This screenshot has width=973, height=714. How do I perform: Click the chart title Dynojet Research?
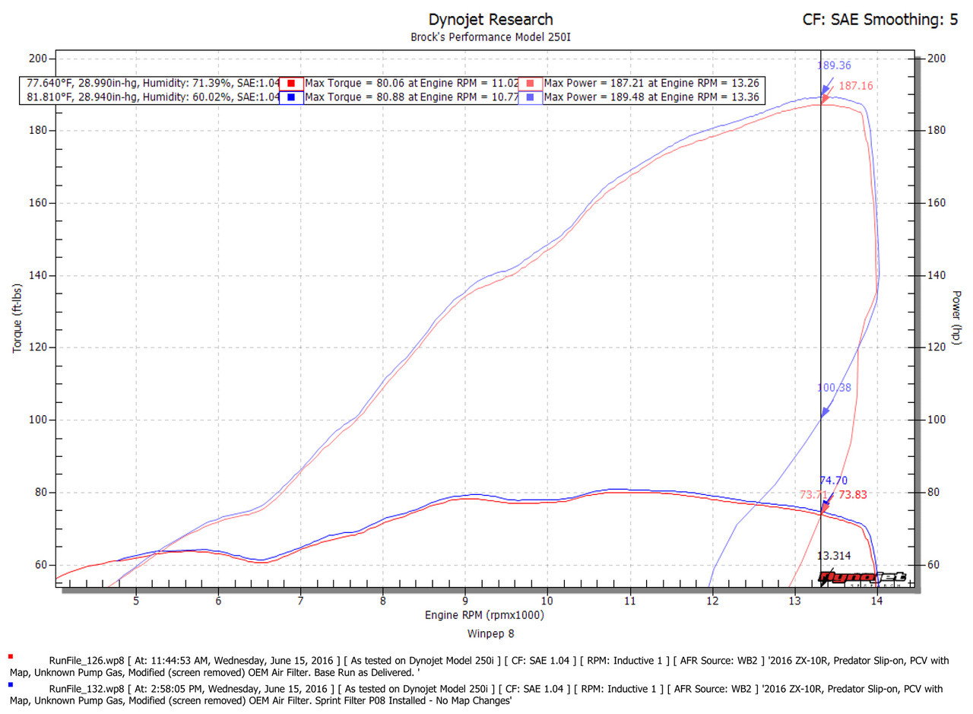tap(490, 19)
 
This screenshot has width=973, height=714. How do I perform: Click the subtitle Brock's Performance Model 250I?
tap(490, 36)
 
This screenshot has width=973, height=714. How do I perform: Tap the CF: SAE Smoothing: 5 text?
tap(880, 20)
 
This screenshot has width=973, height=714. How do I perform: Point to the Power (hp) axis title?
tap(957, 317)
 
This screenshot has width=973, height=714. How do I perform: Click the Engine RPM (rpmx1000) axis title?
tap(484, 614)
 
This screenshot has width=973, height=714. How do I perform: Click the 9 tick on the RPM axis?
tap(465, 601)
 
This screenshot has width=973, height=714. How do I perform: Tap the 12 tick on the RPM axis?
tap(712, 601)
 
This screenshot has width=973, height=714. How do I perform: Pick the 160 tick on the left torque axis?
tap(38, 203)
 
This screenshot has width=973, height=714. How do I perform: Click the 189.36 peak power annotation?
tap(834, 66)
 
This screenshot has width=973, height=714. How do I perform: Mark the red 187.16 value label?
tap(856, 87)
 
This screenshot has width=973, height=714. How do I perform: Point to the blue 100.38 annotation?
tap(834, 388)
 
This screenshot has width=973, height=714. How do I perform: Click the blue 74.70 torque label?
tap(833, 481)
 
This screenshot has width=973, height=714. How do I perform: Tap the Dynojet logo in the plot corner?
tap(862, 578)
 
